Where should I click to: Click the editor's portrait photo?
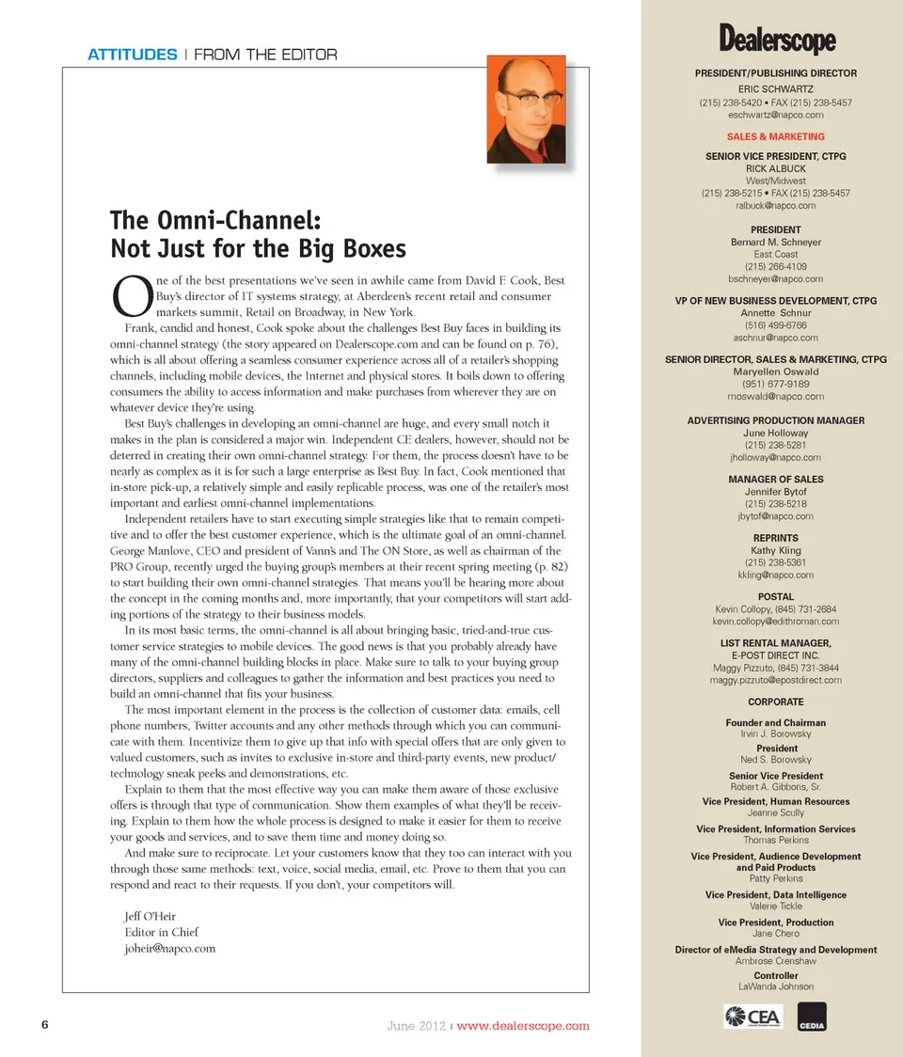point(526,108)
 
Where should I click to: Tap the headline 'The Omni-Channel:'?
point(216,221)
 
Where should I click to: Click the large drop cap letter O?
point(126,295)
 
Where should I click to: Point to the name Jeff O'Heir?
point(150,916)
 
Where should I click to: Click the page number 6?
point(44,1025)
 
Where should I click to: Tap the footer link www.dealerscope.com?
point(523,1026)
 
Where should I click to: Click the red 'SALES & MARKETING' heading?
point(776,136)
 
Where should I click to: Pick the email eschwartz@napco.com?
point(776,115)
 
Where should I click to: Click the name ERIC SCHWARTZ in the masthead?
point(776,88)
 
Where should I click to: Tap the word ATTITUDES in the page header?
point(132,55)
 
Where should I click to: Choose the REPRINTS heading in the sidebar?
point(776,538)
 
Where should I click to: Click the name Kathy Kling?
point(776,550)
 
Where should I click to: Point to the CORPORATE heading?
point(776,702)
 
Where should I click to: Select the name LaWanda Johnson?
point(776,986)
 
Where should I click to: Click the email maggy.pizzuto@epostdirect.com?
point(776,679)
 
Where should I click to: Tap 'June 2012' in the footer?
point(417,1026)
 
